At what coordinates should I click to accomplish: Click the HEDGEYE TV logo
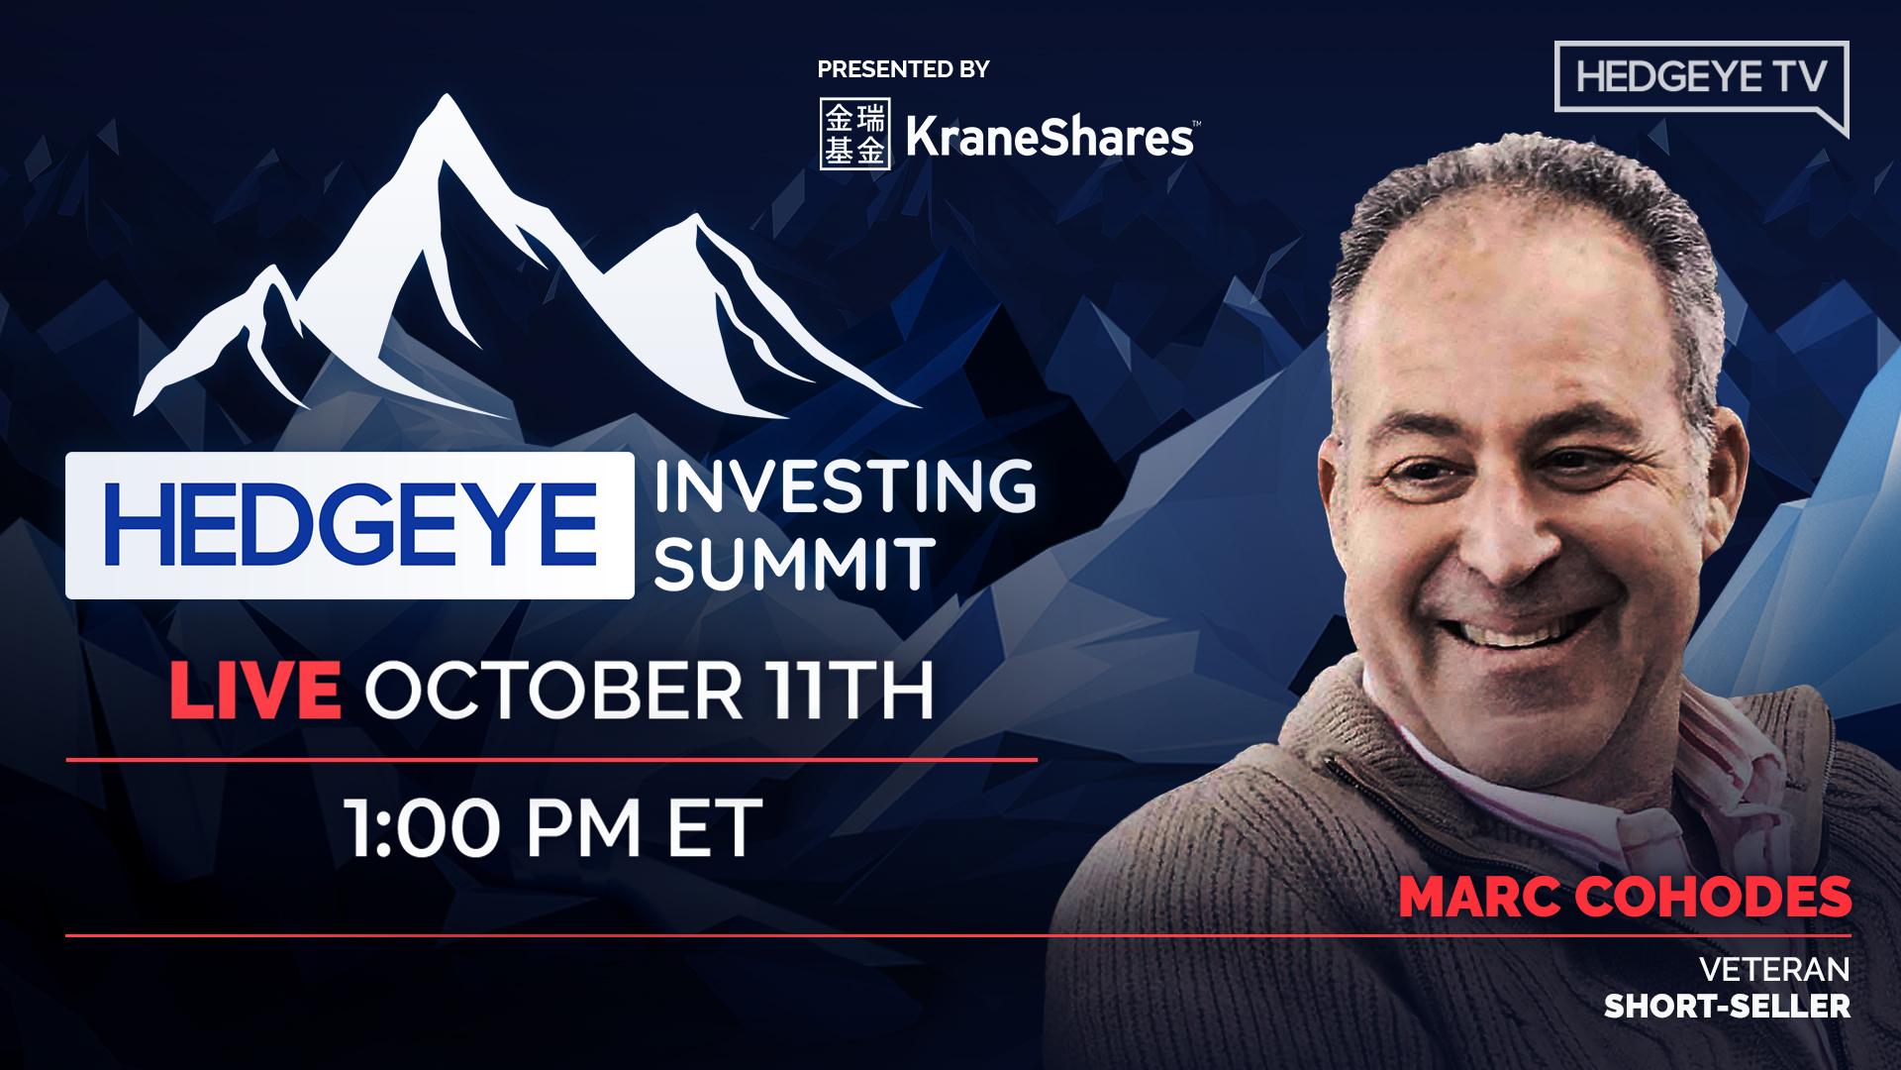point(1700,77)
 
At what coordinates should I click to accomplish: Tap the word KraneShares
point(1050,137)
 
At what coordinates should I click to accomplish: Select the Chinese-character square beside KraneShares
point(854,134)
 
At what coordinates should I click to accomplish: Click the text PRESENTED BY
point(903,69)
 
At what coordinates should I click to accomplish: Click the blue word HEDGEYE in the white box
point(350,525)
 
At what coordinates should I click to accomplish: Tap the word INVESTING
point(845,486)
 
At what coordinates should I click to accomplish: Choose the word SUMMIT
point(794,565)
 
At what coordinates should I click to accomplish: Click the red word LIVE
point(255,691)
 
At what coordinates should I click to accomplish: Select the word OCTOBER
point(554,691)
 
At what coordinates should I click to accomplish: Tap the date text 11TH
point(850,691)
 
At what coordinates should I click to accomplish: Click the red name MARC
point(1479,898)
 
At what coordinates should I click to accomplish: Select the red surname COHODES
point(1713,898)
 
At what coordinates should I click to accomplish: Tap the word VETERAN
point(1774,969)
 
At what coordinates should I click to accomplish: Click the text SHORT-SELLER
point(1727,1007)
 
